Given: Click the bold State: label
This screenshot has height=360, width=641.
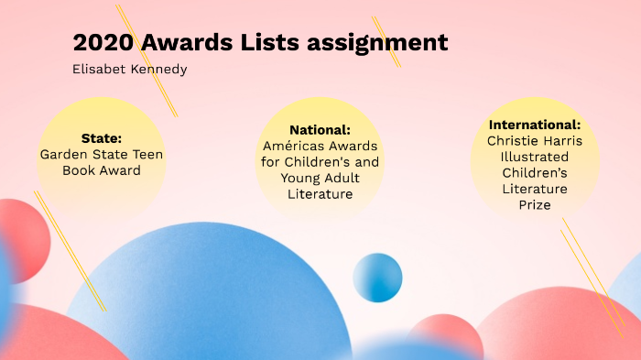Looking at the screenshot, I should point(101,138).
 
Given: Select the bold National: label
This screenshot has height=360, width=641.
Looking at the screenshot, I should point(320,129).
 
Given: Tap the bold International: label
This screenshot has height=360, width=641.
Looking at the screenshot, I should point(535,125).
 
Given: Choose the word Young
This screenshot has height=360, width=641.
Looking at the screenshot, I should point(301,178).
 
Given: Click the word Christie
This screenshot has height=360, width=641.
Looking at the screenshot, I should point(514,141).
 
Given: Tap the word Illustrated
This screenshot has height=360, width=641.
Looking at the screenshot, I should point(535,157).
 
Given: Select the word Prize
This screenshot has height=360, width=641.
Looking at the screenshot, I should point(535,205).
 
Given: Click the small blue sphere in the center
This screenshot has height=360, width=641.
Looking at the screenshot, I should point(377,277).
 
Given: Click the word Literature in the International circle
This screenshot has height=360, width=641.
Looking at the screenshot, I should point(535,189).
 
